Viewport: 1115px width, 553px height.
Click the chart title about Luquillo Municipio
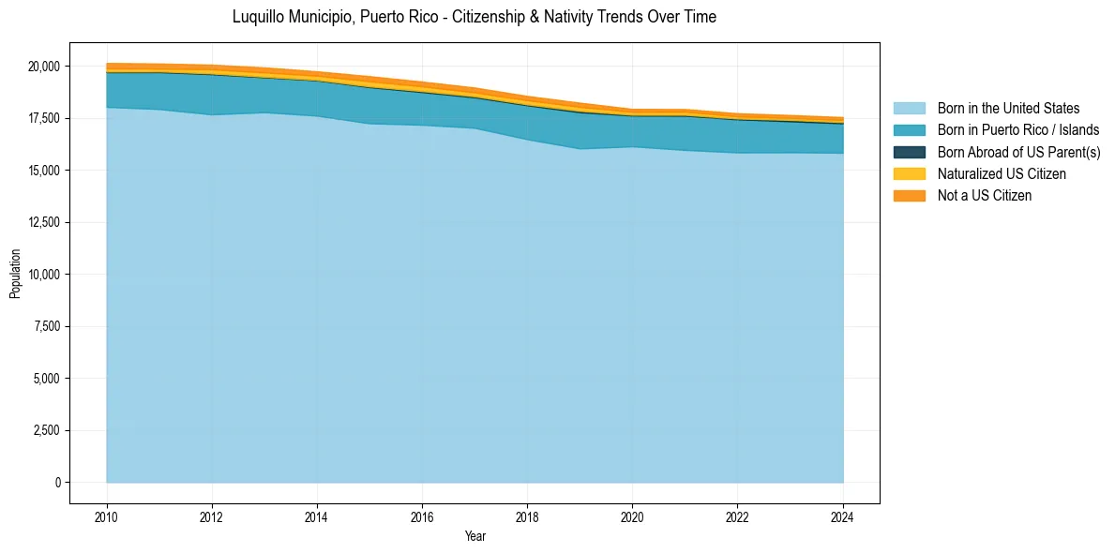(x=474, y=17)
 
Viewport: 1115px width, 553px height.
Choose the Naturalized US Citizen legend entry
(x=1002, y=174)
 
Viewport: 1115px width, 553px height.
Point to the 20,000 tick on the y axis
(x=43, y=67)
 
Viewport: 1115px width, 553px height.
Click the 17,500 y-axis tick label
(x=43, y=118)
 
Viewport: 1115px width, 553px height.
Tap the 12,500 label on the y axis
(x=43, y=222)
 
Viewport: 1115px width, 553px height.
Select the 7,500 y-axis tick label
(x=46, y=326)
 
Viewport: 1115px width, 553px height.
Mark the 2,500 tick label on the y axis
(x=46, y=430)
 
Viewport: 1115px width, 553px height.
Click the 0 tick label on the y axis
(x=58, y=483)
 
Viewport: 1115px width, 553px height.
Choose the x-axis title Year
(x=475, y=536)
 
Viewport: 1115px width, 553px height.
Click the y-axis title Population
(x=15, y=274)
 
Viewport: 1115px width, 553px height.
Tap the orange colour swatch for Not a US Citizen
(x=909, y=196)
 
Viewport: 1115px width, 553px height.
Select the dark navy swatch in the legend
(x=909, y=152)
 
